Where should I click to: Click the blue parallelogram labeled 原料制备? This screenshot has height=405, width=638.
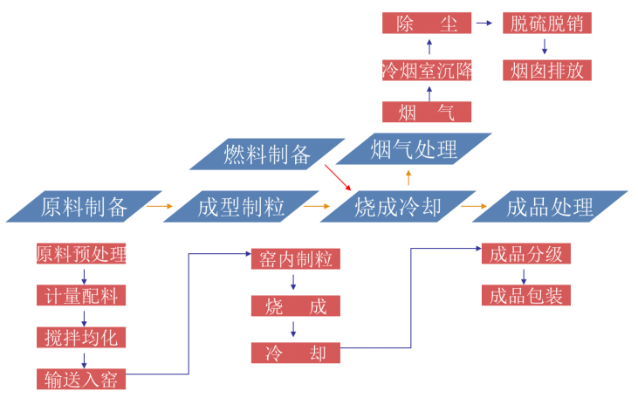pyautogui.click(x=84, y=207)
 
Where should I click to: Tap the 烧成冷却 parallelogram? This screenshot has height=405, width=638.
pyautogui.click(x=397, y=207)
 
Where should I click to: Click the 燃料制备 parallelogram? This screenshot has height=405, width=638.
pyautogui.click(x=267, y=154)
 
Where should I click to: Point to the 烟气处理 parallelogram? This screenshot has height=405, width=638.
pyautogui.click(x=414, y=149)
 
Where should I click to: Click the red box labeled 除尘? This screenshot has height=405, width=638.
pyautogui.click(x=427, y=24)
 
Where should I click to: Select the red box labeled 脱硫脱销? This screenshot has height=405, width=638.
pyautogui.click(x=547, y=24)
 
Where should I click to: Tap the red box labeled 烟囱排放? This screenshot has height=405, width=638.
pyautogui.click(x=547, y=70)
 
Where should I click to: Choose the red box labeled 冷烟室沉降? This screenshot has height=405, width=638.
pyautogui.click(x=427, y=70)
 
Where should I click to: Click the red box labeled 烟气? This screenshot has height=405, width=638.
pyautogui.click(x=427, y=112)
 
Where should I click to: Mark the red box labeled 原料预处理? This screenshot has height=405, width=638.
pyautogui.click(x=81, y=254)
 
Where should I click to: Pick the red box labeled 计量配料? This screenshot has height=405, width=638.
pyautogui.click(x=81, y=295)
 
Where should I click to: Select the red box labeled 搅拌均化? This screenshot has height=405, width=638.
pyautogui.click(x=81, y=337)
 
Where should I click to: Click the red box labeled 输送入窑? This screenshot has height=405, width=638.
pyautogui.click(x=81, y=379)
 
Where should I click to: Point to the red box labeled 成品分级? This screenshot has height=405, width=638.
pyautogui.click(x=526, y=254)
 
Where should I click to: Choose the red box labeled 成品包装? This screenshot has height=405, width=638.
pyautogui.click(x=526, y=295)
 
